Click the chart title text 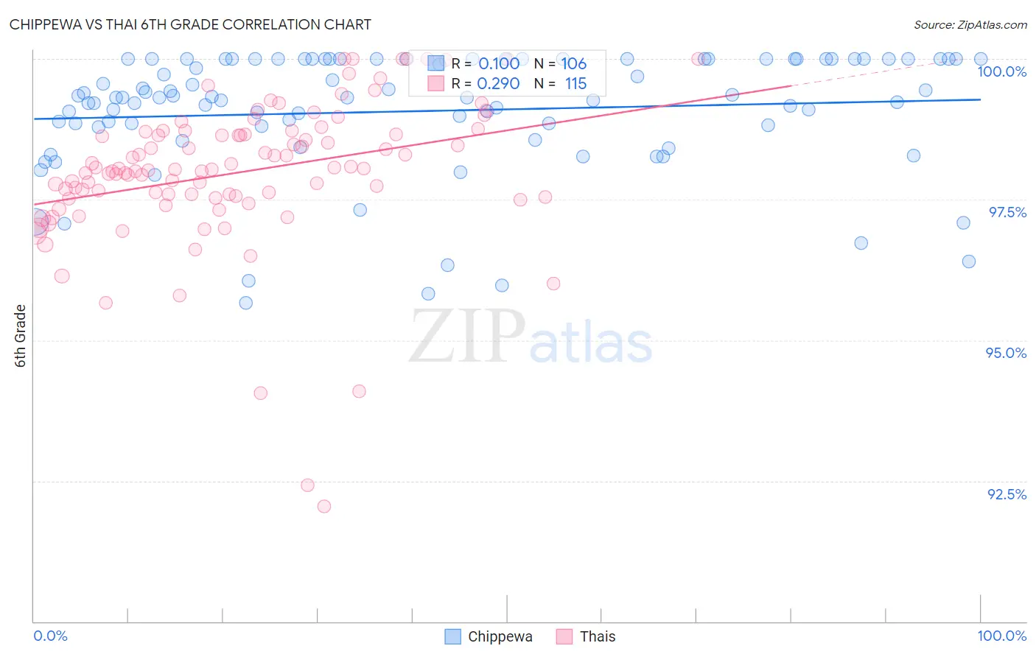pos(190,24)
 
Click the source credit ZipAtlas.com pos(970,24)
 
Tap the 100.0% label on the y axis pos(1001,71)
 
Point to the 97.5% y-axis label pos(1007,212)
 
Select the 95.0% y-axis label pos(1006,353)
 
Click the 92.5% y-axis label pos(1007,494)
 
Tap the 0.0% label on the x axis pos(51,636)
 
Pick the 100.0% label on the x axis pos(1001,636)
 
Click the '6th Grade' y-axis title pos(21,336)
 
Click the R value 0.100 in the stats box pos(499,64)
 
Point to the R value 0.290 pos(499,84)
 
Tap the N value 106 pos(574,64)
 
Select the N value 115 pos(575,84)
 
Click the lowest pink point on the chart pos(324,506)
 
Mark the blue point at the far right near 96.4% pos(969,261)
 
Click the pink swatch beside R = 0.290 pos(436,84)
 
